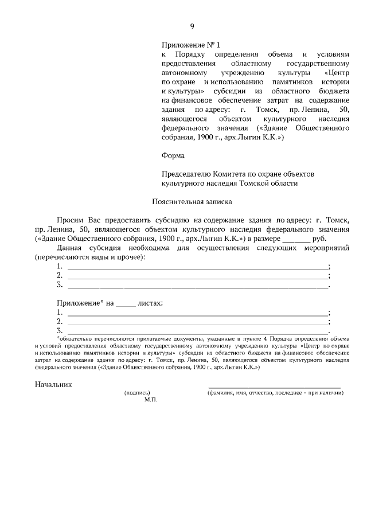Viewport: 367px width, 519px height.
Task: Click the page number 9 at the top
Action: [x=192, y=26]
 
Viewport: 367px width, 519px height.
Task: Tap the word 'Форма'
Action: [x=173, y=155]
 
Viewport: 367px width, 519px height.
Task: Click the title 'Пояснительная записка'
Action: [x=192, y=201]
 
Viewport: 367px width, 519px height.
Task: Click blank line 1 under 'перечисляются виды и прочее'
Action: [x=197, y=268]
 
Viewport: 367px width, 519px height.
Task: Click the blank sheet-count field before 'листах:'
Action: [x=126, y=303]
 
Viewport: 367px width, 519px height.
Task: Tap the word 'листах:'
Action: [x=150, y=302]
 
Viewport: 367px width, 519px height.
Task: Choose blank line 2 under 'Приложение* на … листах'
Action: [x=197, y=322]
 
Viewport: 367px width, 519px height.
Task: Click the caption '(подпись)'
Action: [x=138, y=393]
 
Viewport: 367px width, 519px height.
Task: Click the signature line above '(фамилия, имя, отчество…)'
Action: [x=274, y=388]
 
